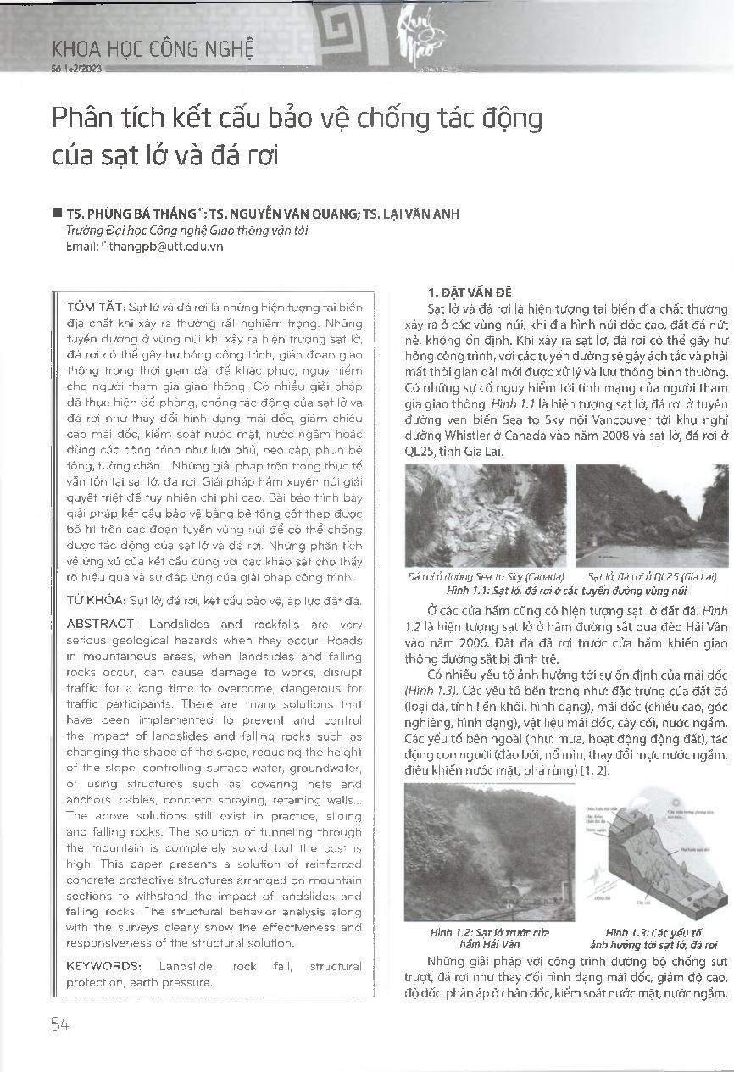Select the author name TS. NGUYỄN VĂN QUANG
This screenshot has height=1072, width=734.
(286, 214)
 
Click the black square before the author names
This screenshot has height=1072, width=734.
(57, 214)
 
